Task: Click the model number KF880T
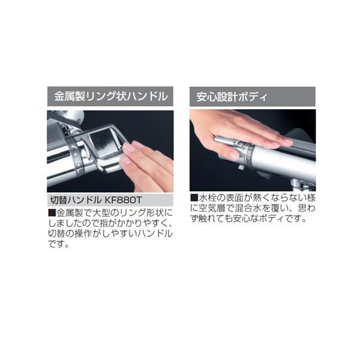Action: coord(123,200)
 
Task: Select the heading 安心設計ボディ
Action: coord(232,97)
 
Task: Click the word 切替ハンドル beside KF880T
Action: coord(76,200)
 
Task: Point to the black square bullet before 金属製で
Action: coord(52,213)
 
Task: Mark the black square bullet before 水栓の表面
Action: coord(194,197)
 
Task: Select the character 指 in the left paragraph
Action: coord(104,223)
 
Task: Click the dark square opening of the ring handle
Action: coord(103,143)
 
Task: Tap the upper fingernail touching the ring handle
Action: coord(128,147)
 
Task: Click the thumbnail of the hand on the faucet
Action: coord(233,155)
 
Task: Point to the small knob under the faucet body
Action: coord(241,167)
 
